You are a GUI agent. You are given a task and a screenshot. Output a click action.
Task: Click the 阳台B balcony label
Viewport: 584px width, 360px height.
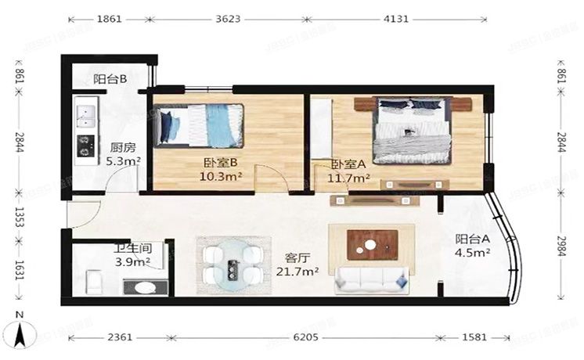110,78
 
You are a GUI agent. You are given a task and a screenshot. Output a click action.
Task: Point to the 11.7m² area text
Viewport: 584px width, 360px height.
350,178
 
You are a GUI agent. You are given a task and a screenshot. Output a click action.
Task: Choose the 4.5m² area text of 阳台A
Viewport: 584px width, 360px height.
473,253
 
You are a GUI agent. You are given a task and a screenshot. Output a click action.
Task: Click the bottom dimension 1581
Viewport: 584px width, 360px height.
474,337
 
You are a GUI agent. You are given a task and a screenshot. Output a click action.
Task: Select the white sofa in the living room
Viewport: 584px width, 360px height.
373,279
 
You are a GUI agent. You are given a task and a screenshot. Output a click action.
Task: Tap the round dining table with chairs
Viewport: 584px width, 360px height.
232,264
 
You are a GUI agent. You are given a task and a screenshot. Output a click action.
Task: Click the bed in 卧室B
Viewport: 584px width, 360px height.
199,126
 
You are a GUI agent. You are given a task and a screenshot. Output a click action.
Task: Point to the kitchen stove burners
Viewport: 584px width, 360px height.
84,145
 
